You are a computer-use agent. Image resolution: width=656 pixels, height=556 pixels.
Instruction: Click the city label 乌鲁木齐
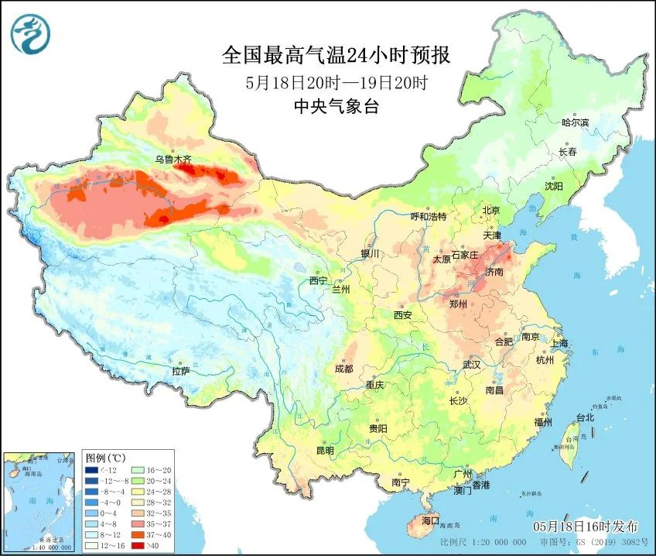(x=173, y=160)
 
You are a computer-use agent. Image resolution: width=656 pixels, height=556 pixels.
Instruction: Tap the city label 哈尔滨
(x=575, y=122)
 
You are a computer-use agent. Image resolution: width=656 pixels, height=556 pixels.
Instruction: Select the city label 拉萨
(x=180, y=372)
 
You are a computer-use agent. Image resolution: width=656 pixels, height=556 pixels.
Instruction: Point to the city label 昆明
(x=324, y=451)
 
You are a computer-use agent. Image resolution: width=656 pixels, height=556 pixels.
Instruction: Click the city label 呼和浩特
(x=429, y=217)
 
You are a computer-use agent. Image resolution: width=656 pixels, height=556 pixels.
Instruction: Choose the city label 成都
(x=343, y=369)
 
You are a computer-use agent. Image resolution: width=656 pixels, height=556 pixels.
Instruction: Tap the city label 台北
(x=585, y=417)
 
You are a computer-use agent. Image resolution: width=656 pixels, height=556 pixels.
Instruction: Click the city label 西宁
(x=319, y=280)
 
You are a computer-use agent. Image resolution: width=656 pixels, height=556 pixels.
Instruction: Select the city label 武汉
(x=471, y=364)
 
